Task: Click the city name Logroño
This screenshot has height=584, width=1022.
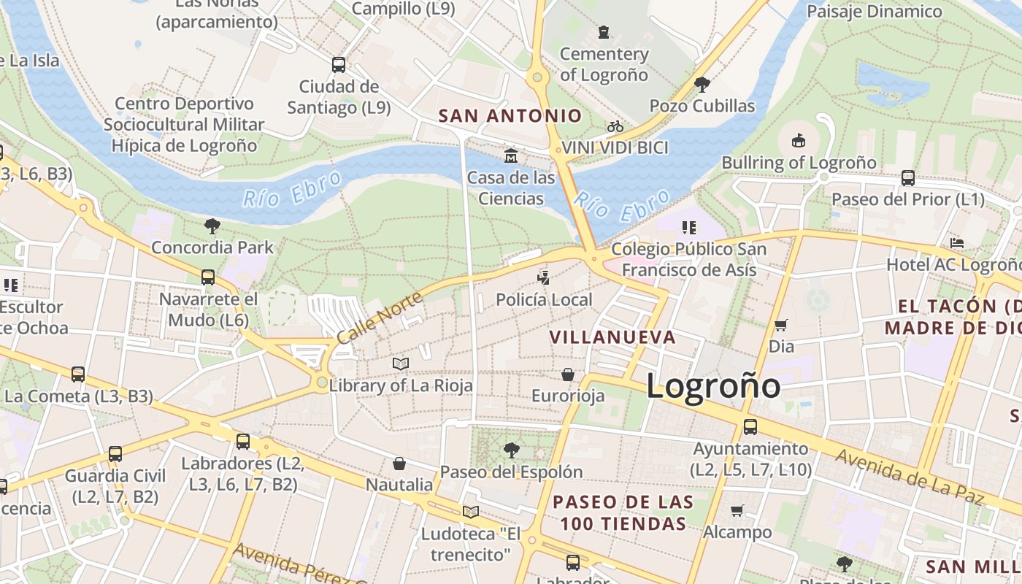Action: (713, 385)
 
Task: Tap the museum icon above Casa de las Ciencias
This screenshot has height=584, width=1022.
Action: (511, 155)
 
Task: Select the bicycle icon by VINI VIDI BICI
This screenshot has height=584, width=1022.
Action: (615, 127)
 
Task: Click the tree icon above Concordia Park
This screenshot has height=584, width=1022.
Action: (212, 226)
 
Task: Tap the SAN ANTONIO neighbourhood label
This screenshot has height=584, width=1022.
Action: (510, 116)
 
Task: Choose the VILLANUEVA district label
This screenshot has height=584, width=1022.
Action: (612, 337)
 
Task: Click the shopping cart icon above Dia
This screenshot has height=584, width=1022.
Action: (781, 325)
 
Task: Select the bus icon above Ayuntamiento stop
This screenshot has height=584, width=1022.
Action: (750, 427)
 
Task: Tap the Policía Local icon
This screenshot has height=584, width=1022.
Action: (543, 277)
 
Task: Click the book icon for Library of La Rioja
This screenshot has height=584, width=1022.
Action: (401, 364)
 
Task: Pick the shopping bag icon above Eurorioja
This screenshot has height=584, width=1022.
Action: (568, 374)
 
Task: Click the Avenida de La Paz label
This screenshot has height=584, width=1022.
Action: (909, 477)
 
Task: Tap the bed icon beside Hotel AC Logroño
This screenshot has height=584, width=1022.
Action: (957, 243)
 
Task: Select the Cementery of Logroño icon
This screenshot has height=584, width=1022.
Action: (604, 32)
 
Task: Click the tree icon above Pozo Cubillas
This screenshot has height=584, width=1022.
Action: (702, 85)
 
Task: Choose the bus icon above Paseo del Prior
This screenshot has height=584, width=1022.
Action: (908, 177)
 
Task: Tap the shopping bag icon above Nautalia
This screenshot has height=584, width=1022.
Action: (399, 464)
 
